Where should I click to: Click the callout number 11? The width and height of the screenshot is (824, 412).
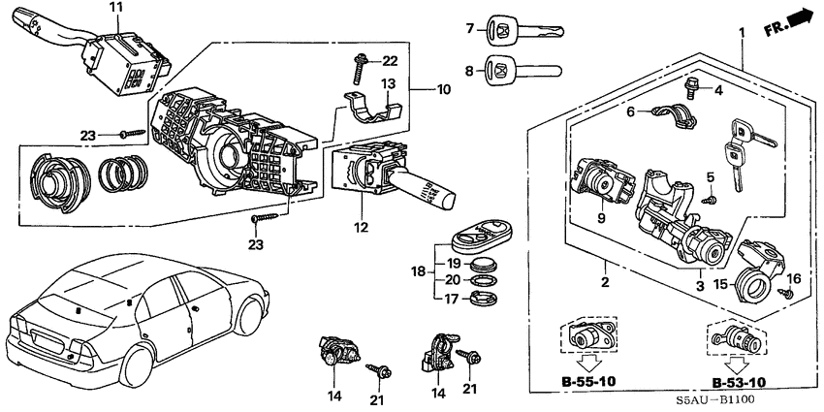115,8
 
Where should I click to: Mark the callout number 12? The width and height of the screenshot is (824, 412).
362,228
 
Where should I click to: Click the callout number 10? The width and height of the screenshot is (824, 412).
444,90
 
